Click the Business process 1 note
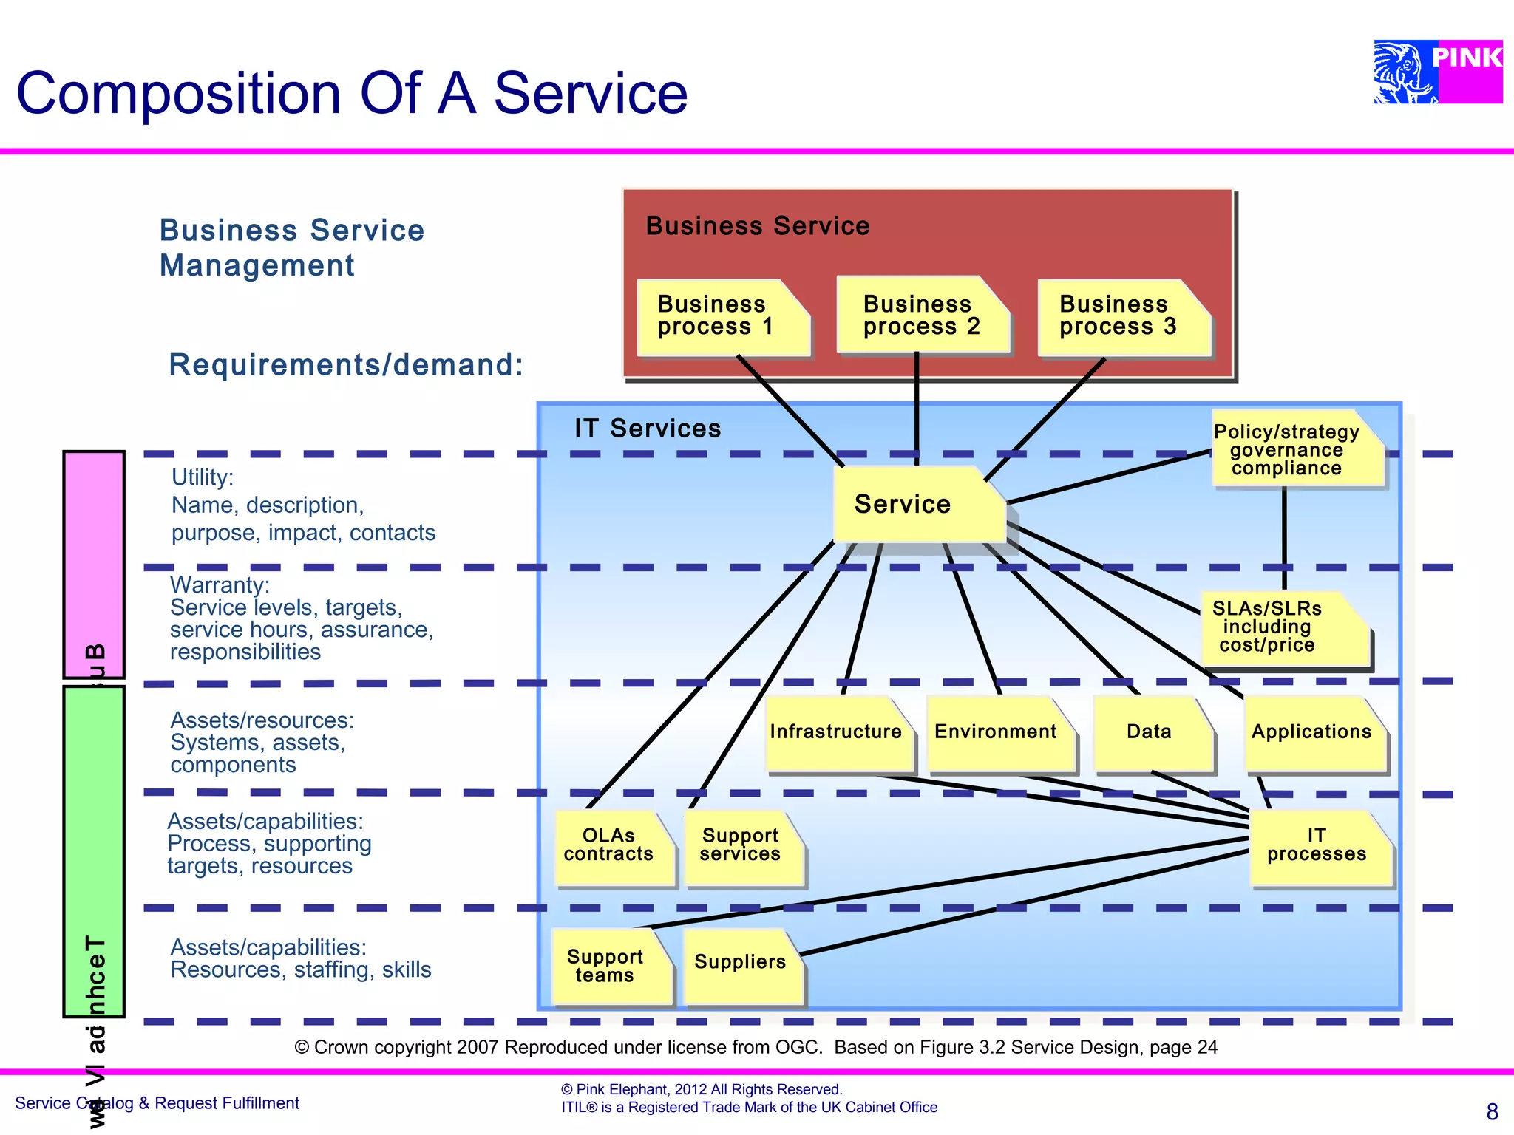tap(722, 317)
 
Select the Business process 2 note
tap(922, 316)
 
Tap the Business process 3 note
tap(1122, 317)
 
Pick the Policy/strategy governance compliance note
tap(1296, 449)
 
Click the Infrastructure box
tap(838, 732)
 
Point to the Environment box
tap(999, 732)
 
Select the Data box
tap(1152, 732)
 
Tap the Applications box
tap(1314, 732)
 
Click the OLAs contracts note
tap(612, 846)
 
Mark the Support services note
tap(742, 846)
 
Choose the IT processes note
tap(1319, 846)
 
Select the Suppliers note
tap(741, 964)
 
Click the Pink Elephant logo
tap(1437, 72)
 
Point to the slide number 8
tap(1492, 1111)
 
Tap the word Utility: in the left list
tap(203, 478)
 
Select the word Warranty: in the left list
tap(220, 585)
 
